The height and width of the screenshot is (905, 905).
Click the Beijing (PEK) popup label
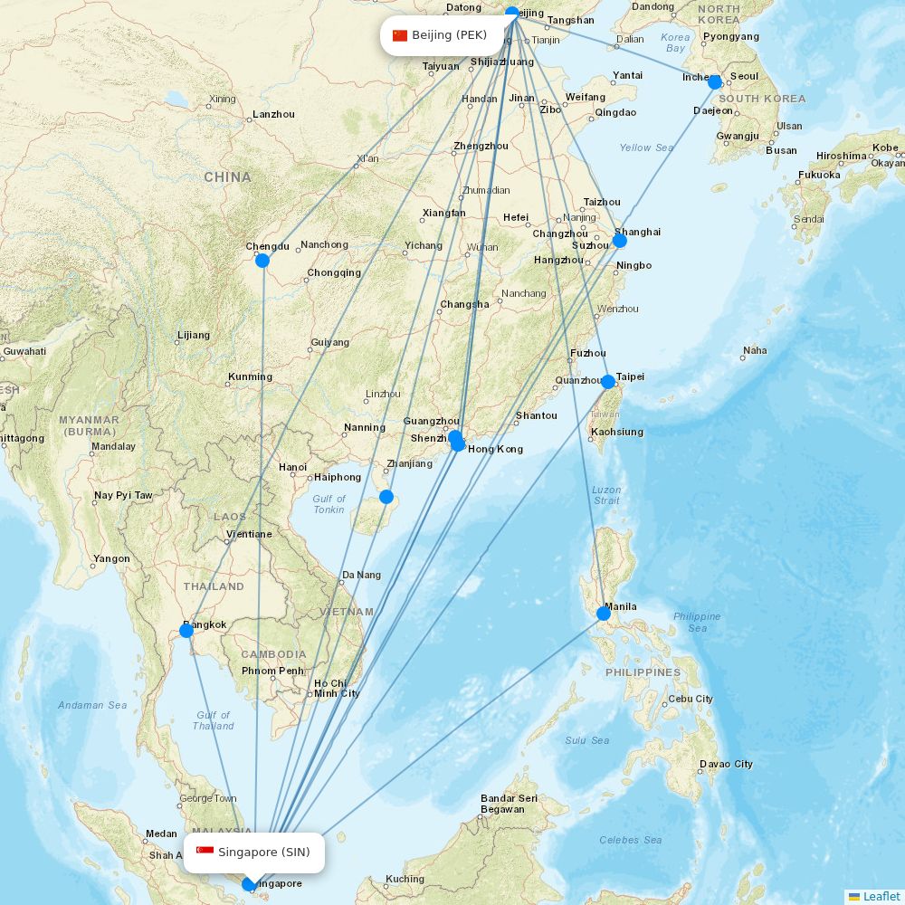(440, 36)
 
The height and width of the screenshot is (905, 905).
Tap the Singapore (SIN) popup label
(253, 853)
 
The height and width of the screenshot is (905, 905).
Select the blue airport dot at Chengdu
(262, 261)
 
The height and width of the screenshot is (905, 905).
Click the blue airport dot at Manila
(604, 614)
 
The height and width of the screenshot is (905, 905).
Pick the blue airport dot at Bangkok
(186, 630)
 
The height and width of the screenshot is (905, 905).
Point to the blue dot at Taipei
(608, 382)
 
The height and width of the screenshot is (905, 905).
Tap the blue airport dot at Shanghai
(620, 241)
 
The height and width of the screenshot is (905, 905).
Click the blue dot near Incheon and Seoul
(715, 82)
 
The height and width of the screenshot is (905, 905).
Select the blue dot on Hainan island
(386, 497)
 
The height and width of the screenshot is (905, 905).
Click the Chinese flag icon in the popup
(400, 36)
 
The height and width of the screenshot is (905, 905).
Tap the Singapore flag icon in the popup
(205, 853)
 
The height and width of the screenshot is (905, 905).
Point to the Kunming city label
(250, 376)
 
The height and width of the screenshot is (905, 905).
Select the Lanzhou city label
(273, 115)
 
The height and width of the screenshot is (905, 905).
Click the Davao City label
(726, 764)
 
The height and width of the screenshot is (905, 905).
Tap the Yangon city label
(111, 558)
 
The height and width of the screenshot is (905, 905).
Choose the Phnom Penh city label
(272, 671)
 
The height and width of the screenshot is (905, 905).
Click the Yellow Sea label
(646, 148)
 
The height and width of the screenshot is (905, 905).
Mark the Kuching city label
(405, 879)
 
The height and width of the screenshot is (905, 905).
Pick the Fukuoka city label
(819, 175)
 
